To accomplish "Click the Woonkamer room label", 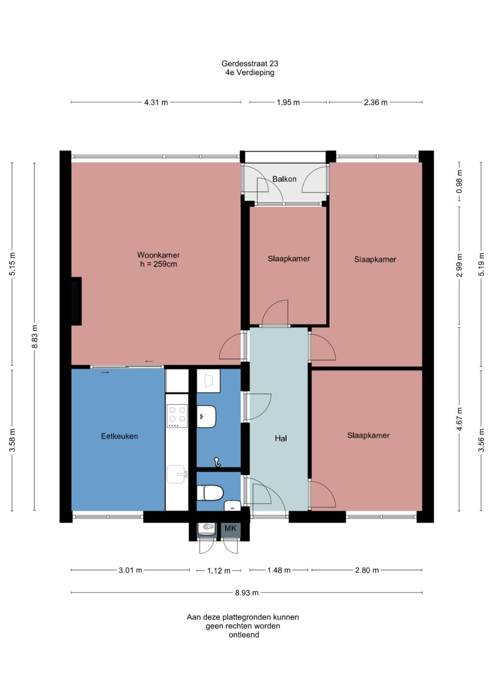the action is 158,255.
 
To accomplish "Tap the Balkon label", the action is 284,179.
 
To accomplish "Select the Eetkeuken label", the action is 119,436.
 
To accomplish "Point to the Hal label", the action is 281,439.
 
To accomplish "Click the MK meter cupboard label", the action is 230,528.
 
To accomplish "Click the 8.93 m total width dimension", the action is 247,592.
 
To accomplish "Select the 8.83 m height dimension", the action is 34,336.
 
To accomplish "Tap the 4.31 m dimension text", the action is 156,102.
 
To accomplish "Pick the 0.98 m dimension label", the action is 459,182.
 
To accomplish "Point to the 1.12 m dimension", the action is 219,571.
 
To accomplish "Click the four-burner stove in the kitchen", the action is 177,416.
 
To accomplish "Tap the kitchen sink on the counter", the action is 177,474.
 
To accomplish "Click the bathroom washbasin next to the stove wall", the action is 207,416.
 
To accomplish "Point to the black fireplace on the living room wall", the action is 76,301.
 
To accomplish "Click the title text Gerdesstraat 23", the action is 249,64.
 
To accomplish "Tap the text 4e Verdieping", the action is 250,73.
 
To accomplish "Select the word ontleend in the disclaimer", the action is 244,635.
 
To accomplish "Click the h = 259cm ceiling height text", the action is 158,264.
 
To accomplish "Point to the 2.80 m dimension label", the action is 367,570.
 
